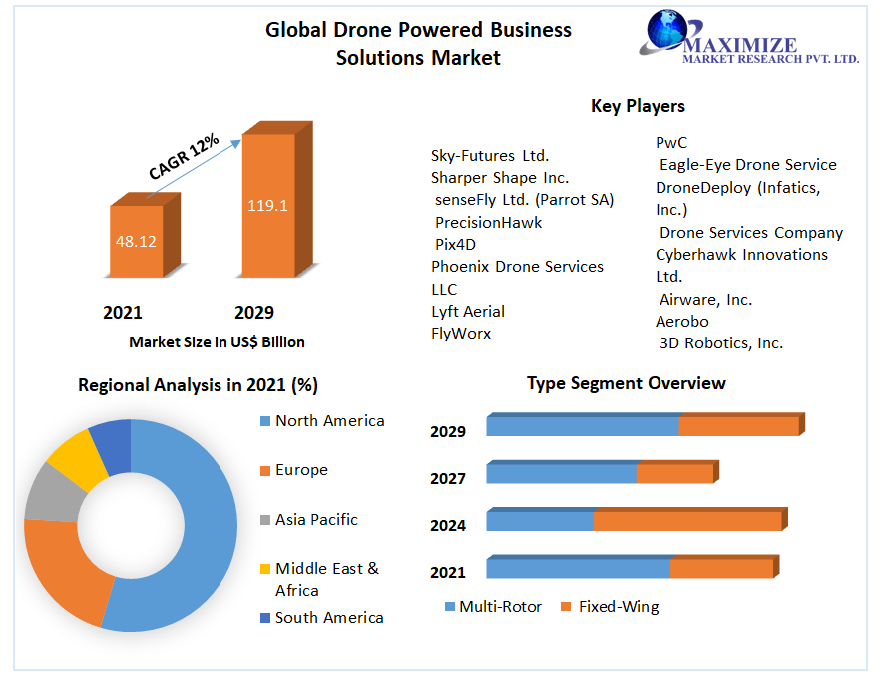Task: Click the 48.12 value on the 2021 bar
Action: (137, 241)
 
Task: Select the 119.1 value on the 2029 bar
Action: (267, 206)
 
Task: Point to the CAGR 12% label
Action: (184, 156)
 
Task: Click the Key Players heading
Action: (638, 106)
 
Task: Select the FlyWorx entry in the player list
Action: (461, 333)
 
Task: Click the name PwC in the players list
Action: (671, 143)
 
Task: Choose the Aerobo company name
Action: (682, 321)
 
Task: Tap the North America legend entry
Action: (329, 421)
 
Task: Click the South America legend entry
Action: (329, 618)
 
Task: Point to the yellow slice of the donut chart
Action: (73, 458)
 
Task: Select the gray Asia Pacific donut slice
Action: (48, 493)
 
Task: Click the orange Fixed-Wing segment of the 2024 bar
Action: (687, 521)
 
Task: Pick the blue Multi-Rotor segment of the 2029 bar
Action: (583, 426)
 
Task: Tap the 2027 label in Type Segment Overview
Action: (448, 479)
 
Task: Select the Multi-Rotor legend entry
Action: (500, 606)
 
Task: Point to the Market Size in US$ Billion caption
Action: (217, 342)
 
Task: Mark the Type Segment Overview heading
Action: (627, 383)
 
